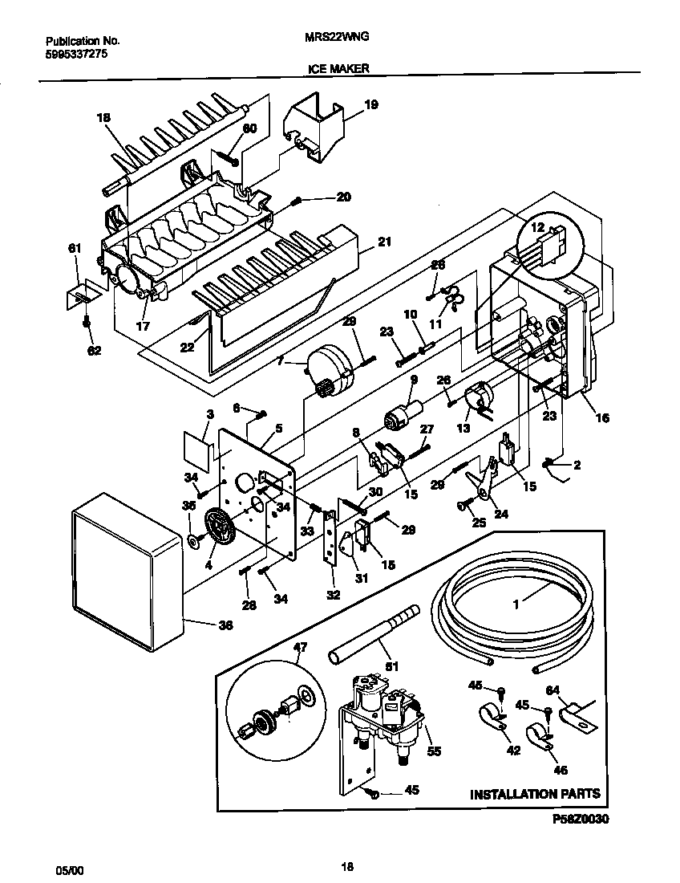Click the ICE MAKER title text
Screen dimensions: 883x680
338,69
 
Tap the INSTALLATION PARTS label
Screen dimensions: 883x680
534,794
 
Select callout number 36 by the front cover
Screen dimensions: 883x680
225,625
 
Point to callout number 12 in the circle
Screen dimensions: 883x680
536,228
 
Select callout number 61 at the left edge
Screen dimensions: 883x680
75,249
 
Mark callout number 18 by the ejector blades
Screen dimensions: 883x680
103,119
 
